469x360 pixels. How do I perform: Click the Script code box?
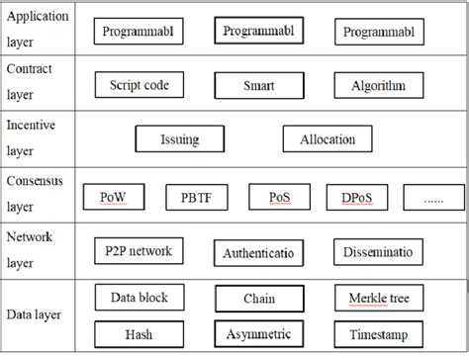[x=140, y=85]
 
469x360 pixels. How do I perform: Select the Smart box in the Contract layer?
[x=259, y=85]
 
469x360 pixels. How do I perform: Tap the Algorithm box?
[x=377, y=85]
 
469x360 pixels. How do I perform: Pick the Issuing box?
[x=179, y=139]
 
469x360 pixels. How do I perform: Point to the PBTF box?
[x=195, y=198]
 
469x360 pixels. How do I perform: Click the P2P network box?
[x=139, y=251]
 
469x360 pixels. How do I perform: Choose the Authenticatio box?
[x=259, y=253]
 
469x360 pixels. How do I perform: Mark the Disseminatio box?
[x=378, y=253]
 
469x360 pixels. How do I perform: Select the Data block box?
[x=139, y=297]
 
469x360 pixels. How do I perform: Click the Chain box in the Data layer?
[x=259, y=298]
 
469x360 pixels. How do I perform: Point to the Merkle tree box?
[x=378, y=298]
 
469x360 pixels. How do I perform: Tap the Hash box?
[x=139, y=334]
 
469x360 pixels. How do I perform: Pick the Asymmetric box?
[x=259, y=335]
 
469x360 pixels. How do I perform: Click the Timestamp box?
[x=378, y=334]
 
